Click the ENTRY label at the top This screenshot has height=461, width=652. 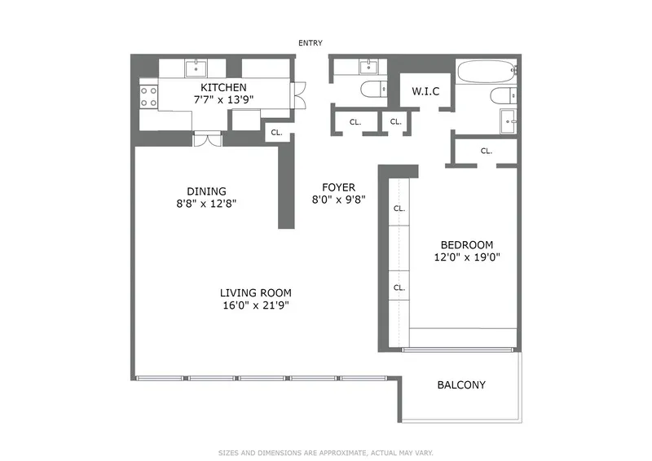point(311,43)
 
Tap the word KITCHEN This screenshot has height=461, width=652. point(223,87)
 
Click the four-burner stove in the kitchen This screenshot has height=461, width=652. point(148,97)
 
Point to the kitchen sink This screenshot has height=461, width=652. point(196,67)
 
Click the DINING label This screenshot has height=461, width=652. point(205,191)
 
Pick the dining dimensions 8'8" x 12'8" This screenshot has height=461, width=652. point(205,204)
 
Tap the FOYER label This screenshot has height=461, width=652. point(338,187)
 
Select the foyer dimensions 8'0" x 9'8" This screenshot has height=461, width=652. point(338,200)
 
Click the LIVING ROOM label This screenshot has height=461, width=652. point(255,293)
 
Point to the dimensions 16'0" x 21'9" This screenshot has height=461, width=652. point(255,306)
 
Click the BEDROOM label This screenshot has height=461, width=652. point(467,244)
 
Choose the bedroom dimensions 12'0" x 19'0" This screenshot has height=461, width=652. point(467,257)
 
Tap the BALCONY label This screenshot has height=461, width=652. point(461,384)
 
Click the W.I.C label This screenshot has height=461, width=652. point(425,91)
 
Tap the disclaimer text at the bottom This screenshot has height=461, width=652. point(325,452)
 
